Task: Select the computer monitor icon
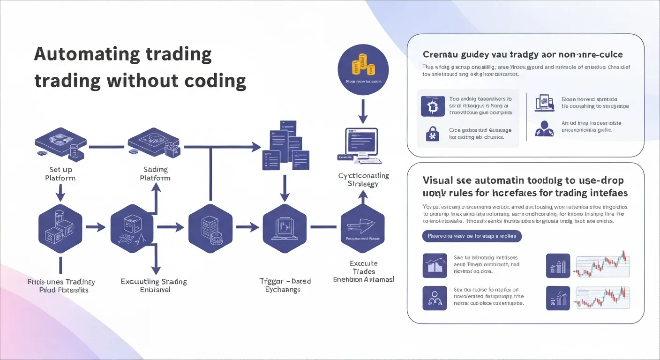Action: coord(362,146)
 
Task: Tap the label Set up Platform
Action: coord(60,174)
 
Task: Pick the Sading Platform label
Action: coord(155,174)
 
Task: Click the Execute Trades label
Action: coord(364,268)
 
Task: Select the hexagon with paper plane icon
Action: coord(362,227)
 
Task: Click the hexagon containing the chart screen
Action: coord(285,227)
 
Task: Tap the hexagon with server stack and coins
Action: coord(210,227)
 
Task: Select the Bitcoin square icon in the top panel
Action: coord(429,106)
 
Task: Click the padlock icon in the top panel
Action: coord(430,134)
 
